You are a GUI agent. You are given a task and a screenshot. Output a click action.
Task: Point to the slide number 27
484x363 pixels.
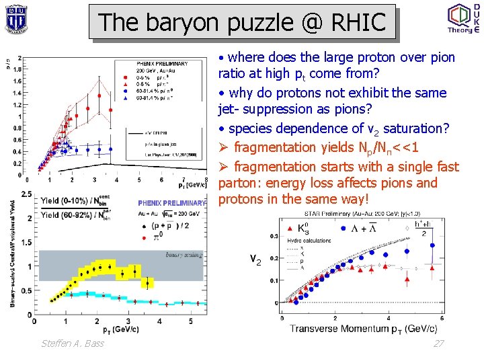point(439,344)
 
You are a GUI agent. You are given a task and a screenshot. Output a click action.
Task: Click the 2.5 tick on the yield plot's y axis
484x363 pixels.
point(25,194)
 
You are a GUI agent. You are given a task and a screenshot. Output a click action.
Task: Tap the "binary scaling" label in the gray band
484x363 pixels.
point(184,255)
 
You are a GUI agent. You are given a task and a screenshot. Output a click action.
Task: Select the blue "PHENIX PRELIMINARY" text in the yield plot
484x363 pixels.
point(172,202)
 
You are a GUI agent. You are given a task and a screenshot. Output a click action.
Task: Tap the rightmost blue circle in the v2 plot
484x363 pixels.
point(431,246)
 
